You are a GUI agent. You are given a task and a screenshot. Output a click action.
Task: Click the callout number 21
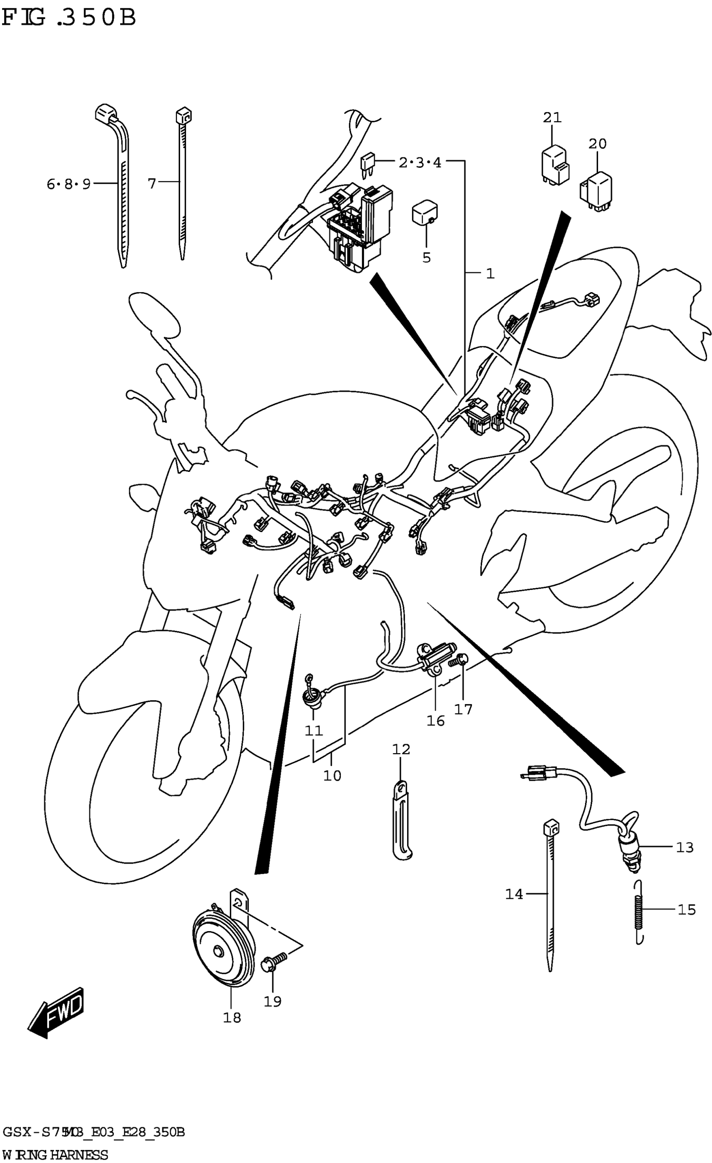552,118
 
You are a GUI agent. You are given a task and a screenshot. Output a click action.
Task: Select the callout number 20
597,144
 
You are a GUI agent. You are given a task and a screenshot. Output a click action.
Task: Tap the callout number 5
426,258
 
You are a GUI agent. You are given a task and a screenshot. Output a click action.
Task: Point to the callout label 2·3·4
420,163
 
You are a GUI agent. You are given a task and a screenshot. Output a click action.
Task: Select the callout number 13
685,848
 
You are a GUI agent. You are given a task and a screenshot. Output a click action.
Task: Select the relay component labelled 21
555,165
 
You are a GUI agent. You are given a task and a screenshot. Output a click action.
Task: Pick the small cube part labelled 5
425,214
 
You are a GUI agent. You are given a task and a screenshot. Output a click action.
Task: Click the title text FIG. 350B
69,18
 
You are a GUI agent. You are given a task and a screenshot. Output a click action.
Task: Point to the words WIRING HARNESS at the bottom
55,1155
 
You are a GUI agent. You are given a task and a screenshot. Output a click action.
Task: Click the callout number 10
332,775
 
